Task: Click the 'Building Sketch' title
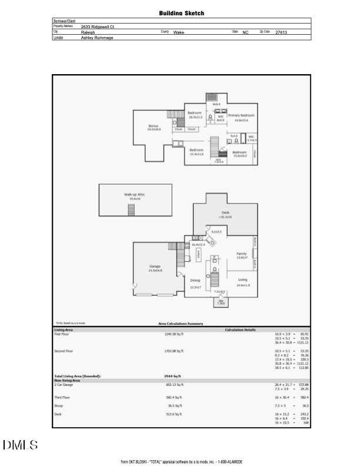[x=181, y=12]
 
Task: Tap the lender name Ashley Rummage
[x=97, y=38]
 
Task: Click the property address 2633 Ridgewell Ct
[x=98, y=26]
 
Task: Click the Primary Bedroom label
[x=241, y=116]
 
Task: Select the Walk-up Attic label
[x=134, y=195]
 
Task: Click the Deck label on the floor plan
[x=225, y=212]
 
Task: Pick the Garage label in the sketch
[x=155, y=267]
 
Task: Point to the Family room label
[x=241, y=254]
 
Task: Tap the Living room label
[x=244, y=280]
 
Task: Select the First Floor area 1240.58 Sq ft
[x=174, y=334]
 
